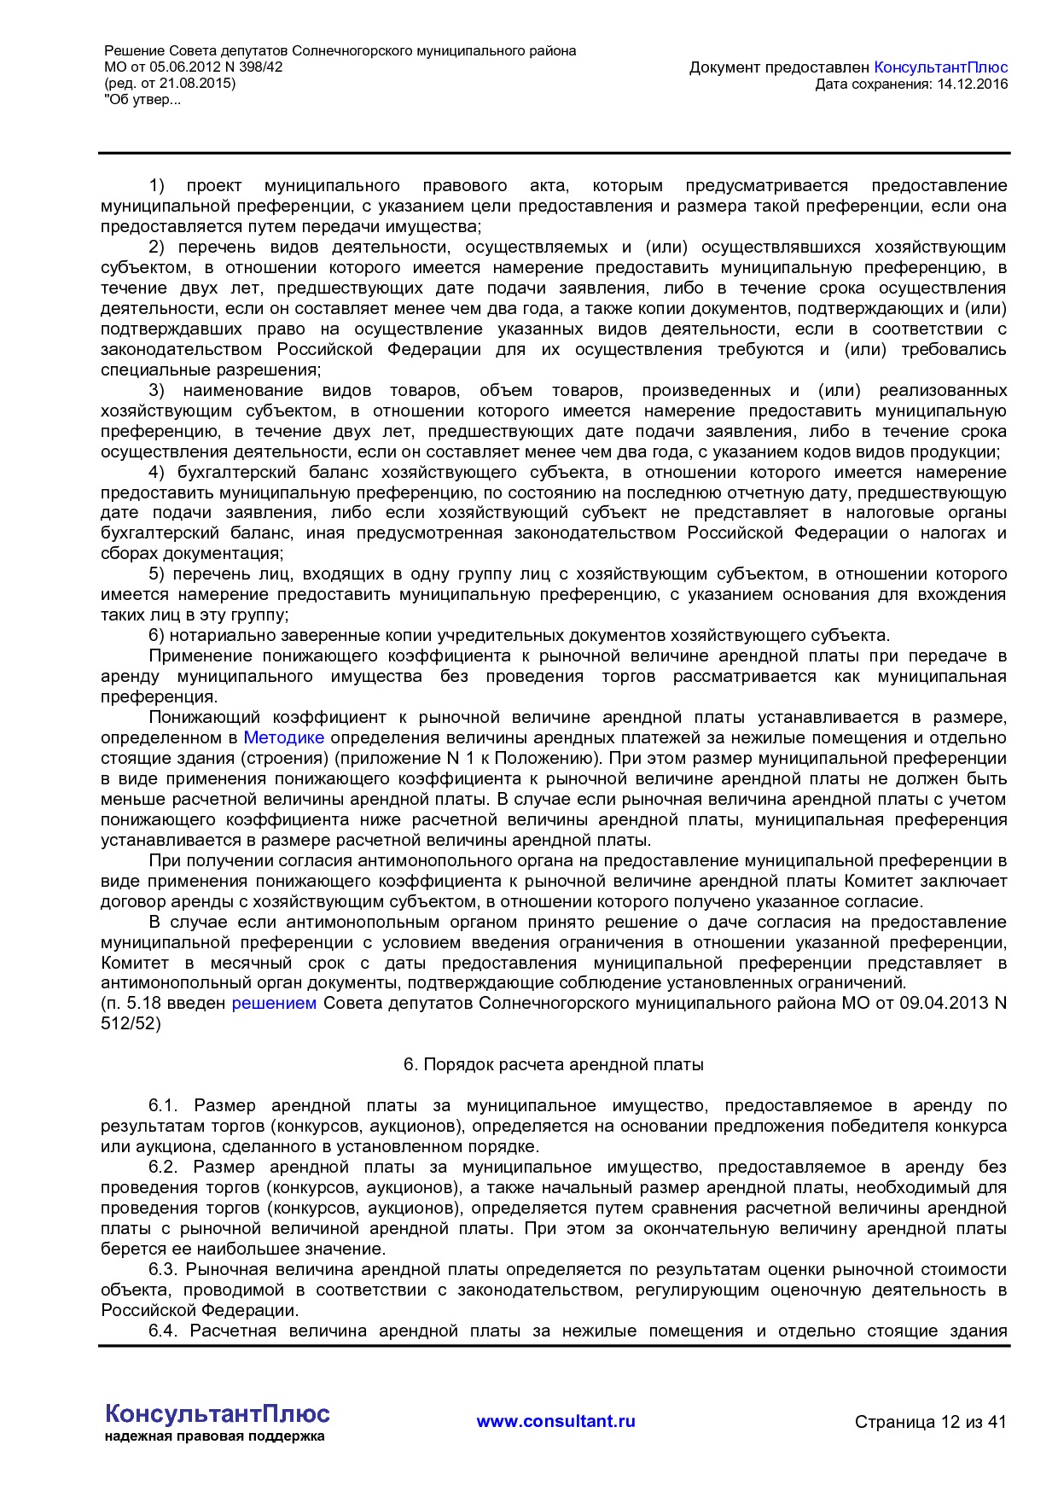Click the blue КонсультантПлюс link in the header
940,67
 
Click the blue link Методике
283,738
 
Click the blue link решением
274,1004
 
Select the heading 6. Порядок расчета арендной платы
553,1065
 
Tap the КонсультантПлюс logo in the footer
217,1414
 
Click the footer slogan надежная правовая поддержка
214,1437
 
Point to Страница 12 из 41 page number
930,1423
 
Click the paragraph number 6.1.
162,1107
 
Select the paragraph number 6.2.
162,1168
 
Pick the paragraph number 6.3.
162,1270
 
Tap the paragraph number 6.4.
162,1331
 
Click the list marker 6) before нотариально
156,636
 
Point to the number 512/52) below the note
131,1023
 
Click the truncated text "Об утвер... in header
142,100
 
